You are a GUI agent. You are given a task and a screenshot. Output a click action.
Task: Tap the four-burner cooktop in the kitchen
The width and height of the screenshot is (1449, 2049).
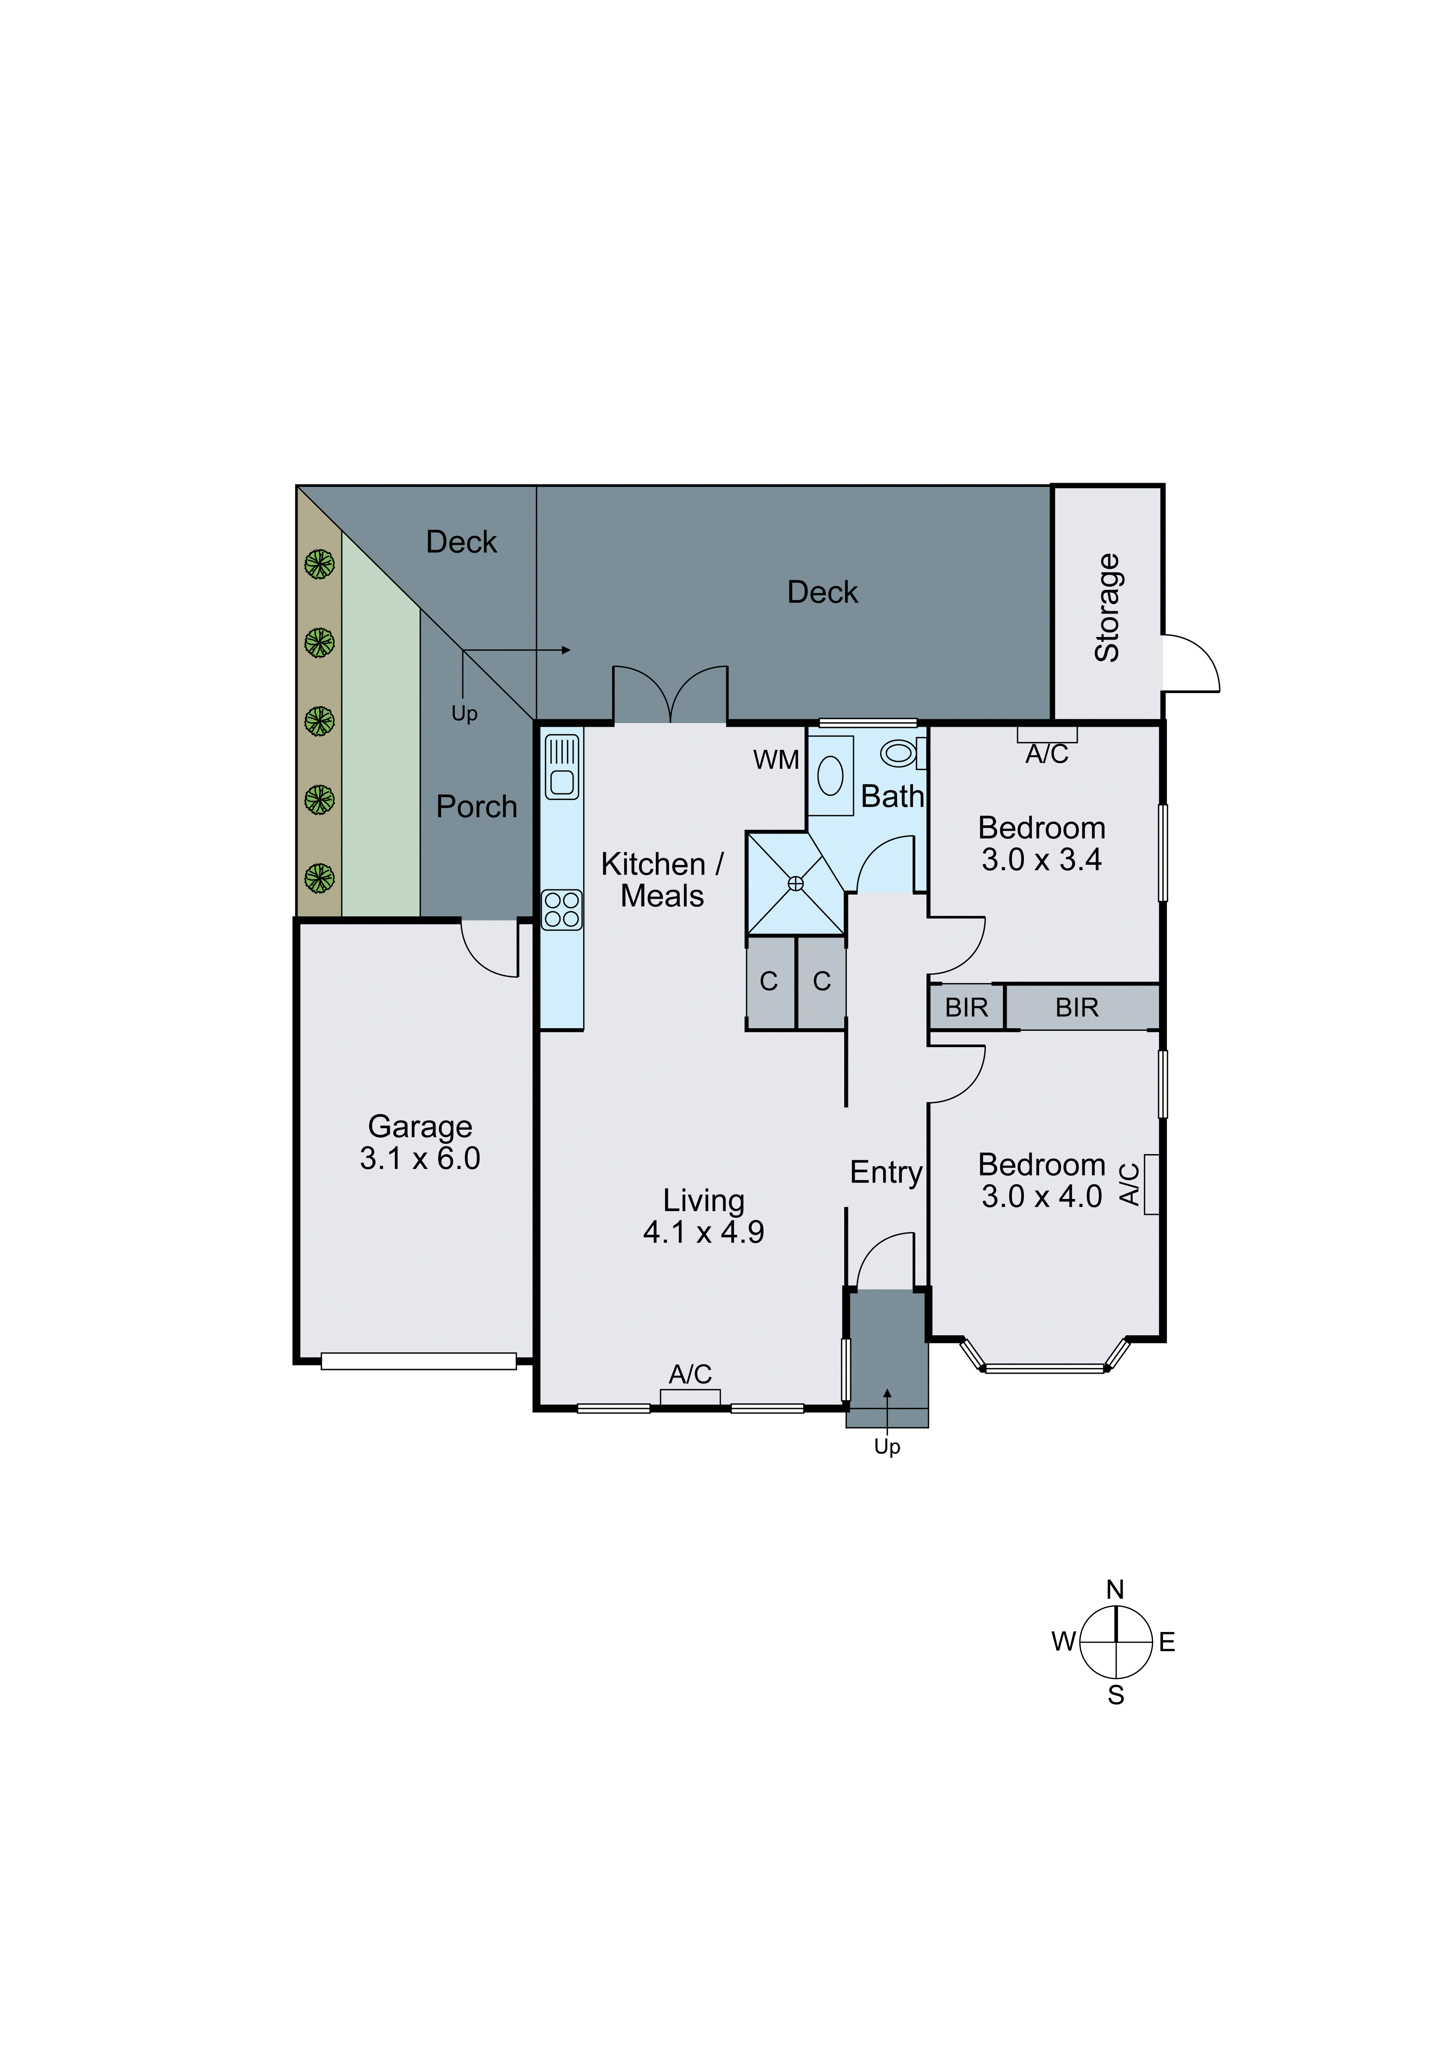(x=561, y=910)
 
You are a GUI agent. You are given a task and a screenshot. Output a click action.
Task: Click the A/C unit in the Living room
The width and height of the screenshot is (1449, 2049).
(x=690, y=1397)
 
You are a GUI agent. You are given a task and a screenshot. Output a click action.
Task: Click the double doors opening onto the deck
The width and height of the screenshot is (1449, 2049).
(x=670, y=696)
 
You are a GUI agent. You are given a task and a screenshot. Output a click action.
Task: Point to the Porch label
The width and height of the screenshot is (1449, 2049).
(x=476, y=807)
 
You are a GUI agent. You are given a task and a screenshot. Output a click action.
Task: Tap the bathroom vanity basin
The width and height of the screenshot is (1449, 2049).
(x=830, y=776)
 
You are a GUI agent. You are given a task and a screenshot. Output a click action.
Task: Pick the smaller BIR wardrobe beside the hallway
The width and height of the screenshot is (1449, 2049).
(x=966, y=1008)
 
